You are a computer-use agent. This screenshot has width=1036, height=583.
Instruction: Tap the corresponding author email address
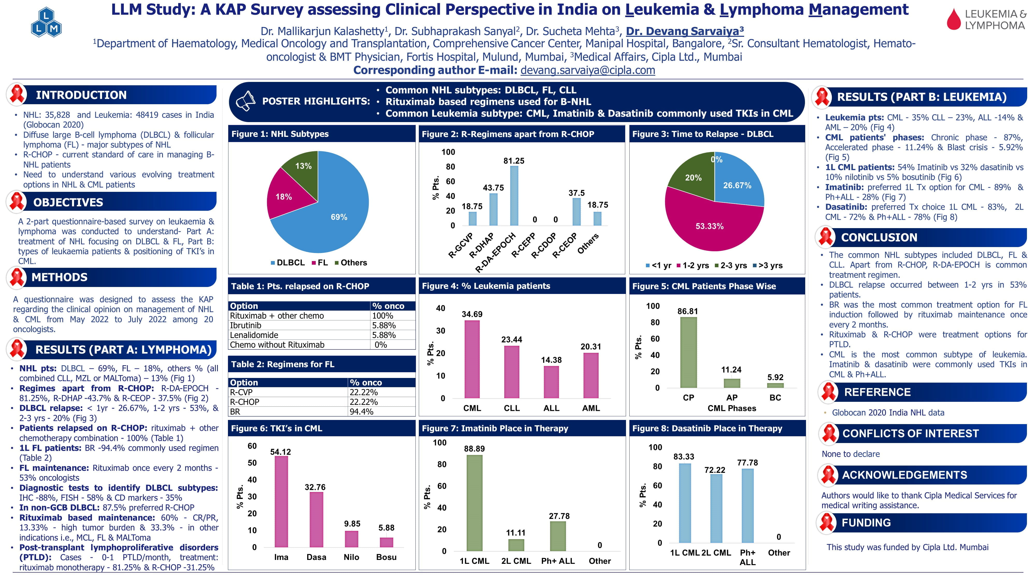(x=588, y=70)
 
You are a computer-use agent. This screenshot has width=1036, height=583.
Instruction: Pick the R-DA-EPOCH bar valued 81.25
(x=514, y=196)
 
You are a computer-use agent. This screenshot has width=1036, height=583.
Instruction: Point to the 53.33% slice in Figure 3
(x=710, y=226)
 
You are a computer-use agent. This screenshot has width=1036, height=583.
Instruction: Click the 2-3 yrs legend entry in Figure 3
(x=731, y=265)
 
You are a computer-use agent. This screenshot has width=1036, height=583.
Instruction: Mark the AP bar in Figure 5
(x=732, y=383)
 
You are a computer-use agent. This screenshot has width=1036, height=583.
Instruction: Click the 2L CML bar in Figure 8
(x=716, y=509)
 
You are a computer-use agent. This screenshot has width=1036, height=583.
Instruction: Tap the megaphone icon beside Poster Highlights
(x=245, y=101)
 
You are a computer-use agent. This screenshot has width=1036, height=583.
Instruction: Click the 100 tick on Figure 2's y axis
(x=448, y=152)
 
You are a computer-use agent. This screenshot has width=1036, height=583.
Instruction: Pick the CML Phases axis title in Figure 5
(x=732, y=408)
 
